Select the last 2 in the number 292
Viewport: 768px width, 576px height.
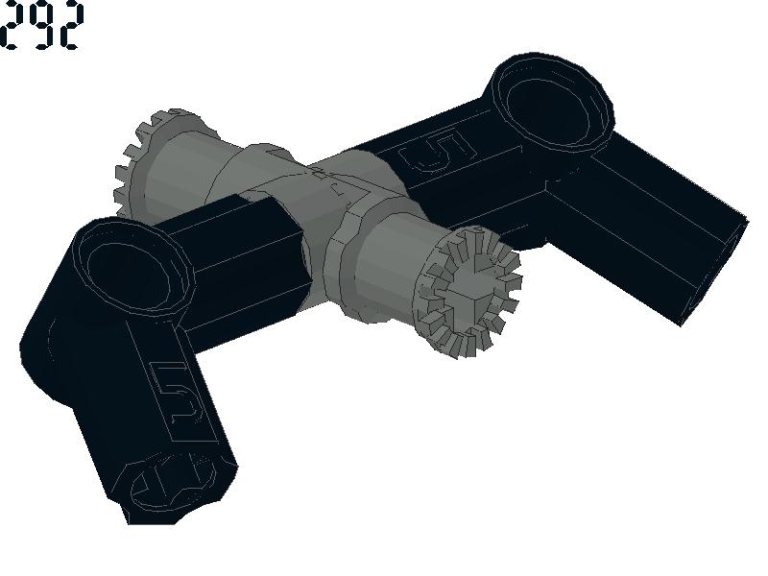[x=70, y=25]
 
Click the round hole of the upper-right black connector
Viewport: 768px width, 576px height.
[x=547, y=109]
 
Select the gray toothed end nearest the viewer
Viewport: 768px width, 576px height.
[x=467, y=293]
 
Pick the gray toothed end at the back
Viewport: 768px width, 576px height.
[x=147, y=161]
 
